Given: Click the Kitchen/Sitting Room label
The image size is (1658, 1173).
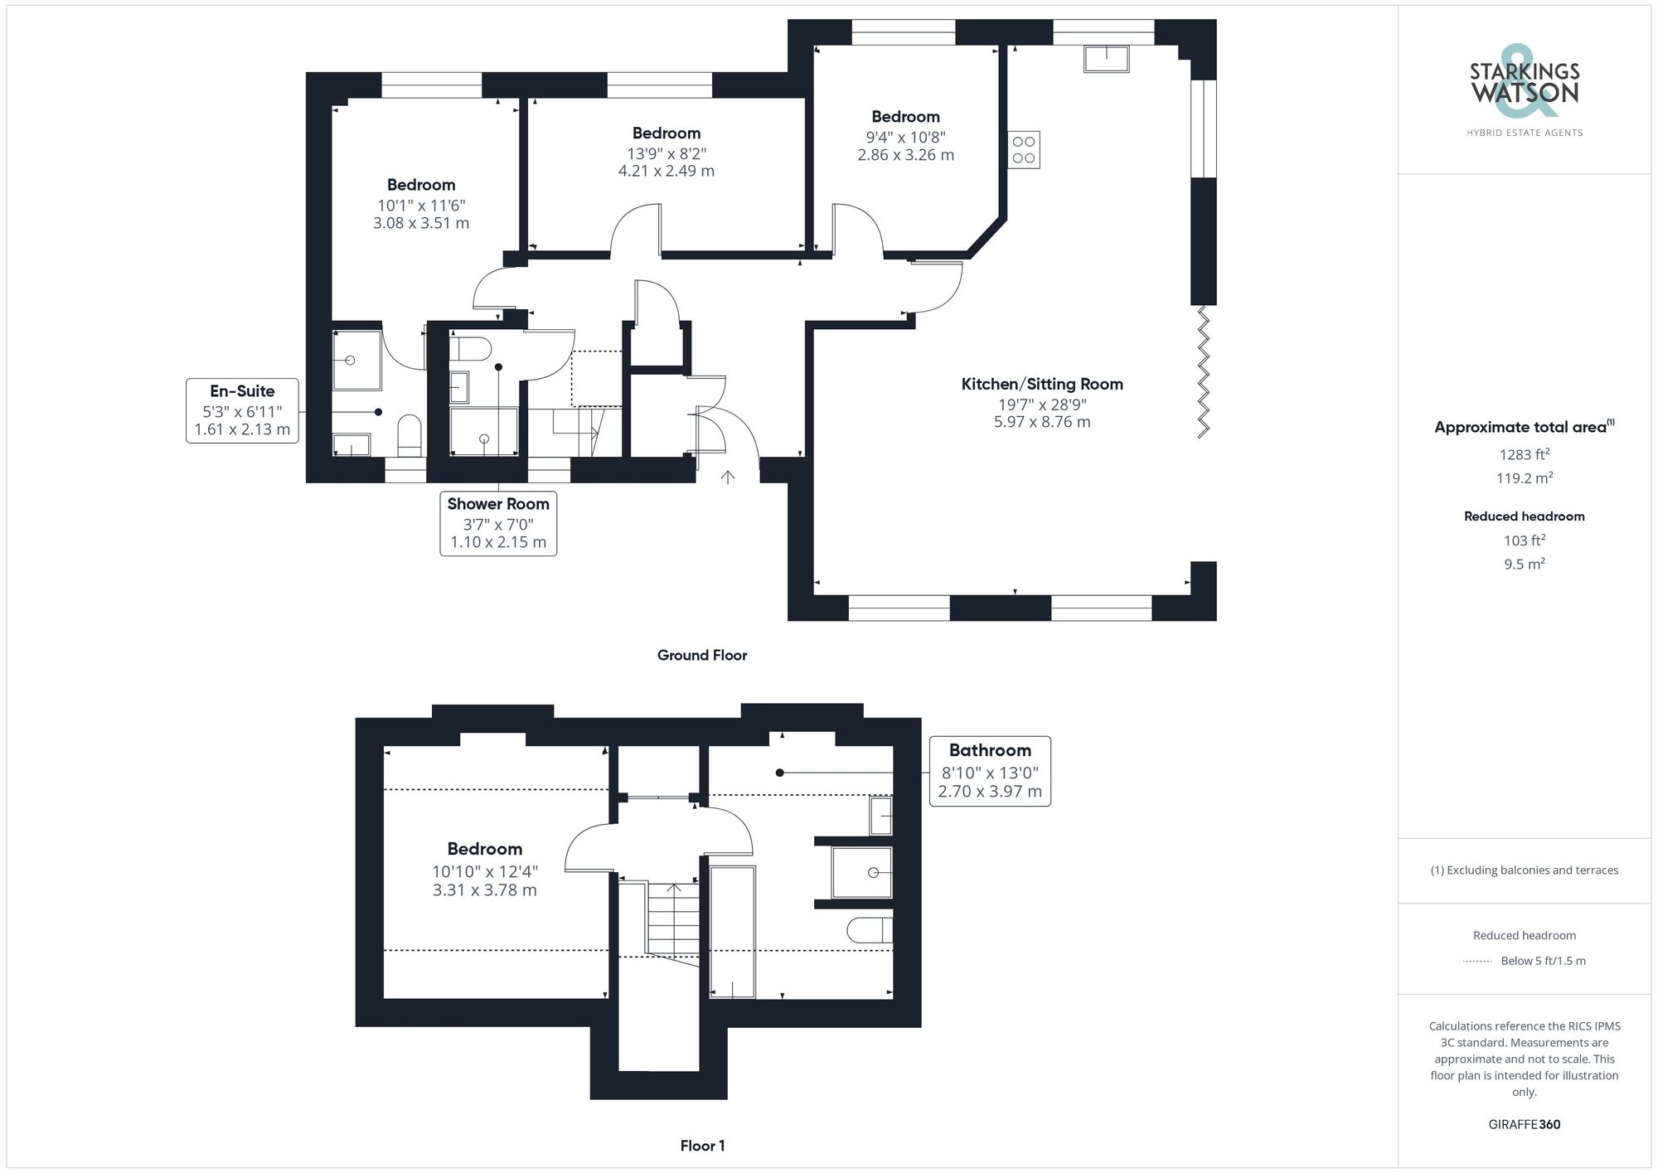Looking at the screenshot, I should (1042, 384).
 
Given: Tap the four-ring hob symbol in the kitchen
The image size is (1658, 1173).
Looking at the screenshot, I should (1024, 150).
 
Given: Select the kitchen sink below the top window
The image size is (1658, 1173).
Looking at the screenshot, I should (1106, 59).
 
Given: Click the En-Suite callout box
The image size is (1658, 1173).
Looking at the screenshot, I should (242, 410).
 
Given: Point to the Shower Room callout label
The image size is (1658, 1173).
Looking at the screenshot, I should (498, 504).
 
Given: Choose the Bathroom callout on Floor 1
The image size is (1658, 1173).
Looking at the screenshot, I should (990, 771).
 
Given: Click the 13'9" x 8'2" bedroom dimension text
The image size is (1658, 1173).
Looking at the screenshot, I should (667, 154).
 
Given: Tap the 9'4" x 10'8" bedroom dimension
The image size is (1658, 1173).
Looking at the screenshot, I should (905, 138).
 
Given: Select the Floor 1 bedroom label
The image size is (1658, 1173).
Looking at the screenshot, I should (484, 849).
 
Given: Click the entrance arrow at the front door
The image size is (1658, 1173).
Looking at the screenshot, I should (728, 477).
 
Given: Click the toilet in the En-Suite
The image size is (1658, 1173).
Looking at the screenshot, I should (410, 435).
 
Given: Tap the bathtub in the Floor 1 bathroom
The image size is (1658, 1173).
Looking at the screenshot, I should (733, 931).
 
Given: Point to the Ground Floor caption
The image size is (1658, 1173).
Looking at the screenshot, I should (702, 655).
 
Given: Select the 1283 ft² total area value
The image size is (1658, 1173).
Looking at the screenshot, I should (1524, 454).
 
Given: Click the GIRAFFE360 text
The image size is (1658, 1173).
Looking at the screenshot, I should (1524, 1124).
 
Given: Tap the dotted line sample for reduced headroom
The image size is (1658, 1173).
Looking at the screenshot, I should (1477, 962).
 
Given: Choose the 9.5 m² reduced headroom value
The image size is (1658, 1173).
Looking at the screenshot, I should (1524, 564).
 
